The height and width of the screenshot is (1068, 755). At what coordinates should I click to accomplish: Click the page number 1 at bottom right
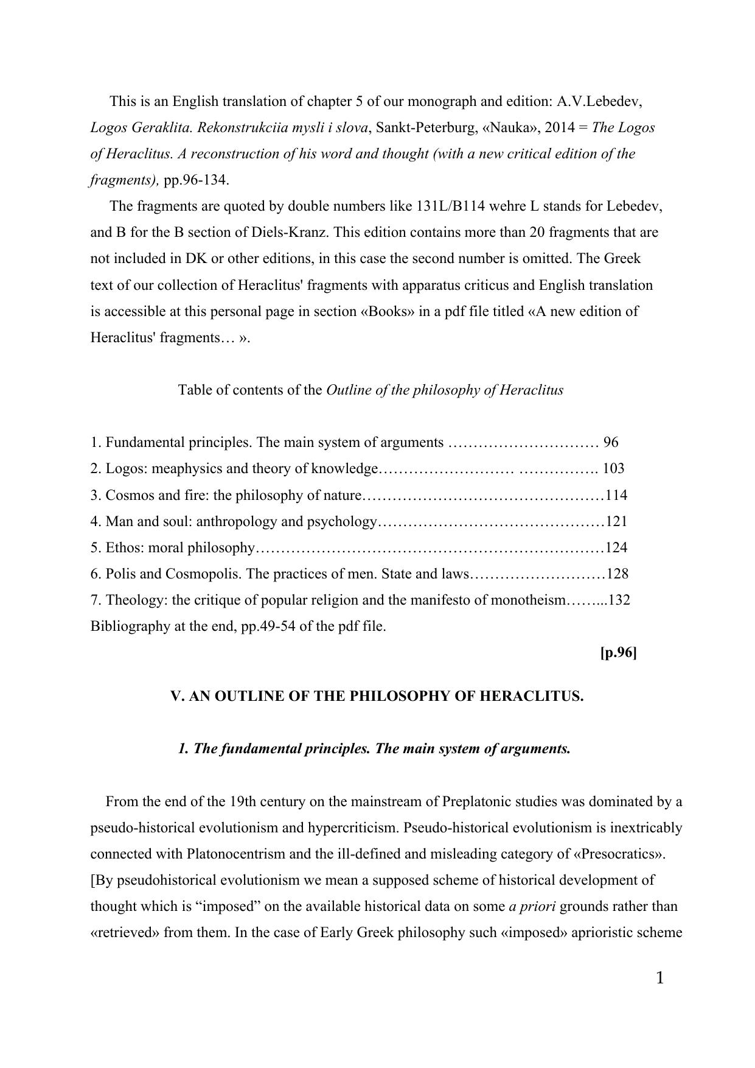tap(660, 978)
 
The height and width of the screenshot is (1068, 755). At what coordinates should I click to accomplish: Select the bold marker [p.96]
tap(618, 653)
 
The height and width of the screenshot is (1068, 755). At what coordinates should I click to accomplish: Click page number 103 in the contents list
tap(613, 468)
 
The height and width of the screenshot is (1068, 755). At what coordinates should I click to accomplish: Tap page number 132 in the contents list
tap(619, 600)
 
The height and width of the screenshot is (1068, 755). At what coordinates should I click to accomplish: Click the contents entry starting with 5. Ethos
tap(172, 547)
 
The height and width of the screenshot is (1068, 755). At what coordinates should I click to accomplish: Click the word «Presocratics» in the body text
tap(619, 854)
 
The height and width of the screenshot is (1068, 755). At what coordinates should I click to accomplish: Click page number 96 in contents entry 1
tap(611, 442)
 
